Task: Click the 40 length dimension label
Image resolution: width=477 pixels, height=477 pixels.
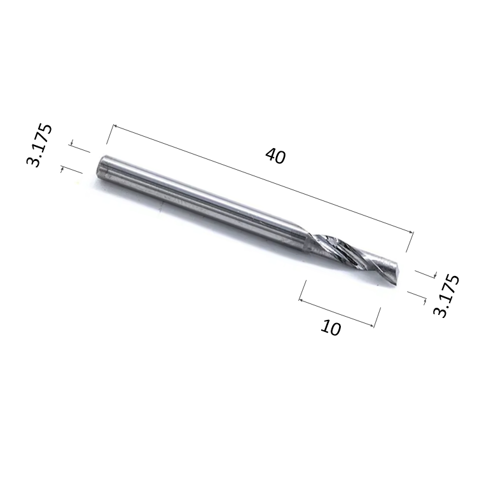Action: click(x=275, y=156)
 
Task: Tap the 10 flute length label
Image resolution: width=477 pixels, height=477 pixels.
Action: click(x=331, y=328)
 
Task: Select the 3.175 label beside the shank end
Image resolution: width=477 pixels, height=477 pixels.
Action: click(x=39, y=146)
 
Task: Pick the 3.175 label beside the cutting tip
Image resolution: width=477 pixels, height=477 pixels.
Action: click(x=445, y=295)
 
